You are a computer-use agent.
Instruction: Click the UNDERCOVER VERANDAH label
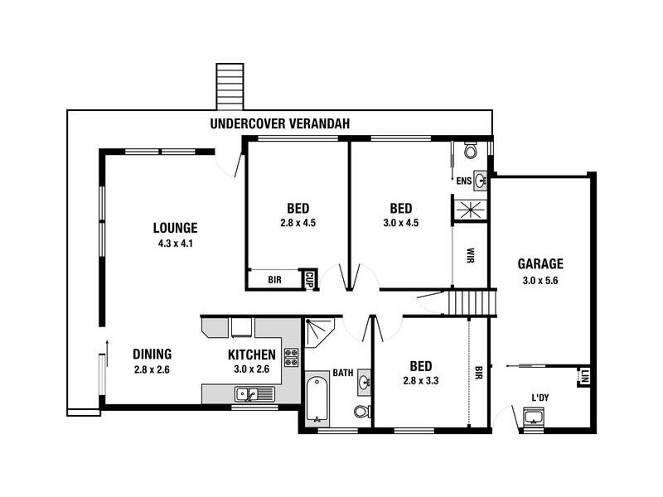pyautogui.click(x=279, y=123)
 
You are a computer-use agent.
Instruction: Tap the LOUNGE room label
pyautogui.click(x=175, y=228)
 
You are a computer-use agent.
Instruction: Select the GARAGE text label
pyautogui.click(x=540, y=264)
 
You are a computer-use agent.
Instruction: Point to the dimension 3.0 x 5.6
pyautogui.click(x=540, y=280)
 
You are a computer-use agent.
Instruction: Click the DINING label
pyautogui.click(x=152, y=354)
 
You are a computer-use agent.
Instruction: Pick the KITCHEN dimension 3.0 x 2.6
pyautogui.click(x=251, y=369)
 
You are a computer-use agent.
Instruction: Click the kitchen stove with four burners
pyautogui.click(x=291, y=358)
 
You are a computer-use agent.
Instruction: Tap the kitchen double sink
pyautogui.click(x=249, y=393)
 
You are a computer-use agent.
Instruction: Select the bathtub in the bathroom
pyautogui.click(x=317, y=401)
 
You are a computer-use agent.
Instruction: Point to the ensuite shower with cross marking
pyautogui.click(x=470, y=209)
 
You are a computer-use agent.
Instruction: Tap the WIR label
pyautogui.click(x=470, y=253)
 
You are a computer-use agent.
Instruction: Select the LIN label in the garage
pyautogui.click(x=584, y=376)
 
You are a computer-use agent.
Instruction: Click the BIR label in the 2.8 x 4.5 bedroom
pyautogui.click(x=274, y=280)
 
